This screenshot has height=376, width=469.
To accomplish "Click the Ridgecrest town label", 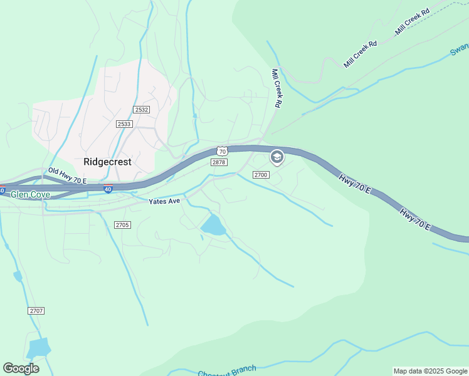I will pos(108,162).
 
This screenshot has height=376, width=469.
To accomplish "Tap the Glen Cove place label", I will pos(30,195).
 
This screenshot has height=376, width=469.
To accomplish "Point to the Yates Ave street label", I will pos(164,201).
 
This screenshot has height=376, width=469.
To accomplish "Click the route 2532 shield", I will pos(141,110).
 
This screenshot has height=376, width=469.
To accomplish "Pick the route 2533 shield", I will pos(124,124).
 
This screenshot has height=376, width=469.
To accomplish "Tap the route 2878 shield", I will pos(218,162).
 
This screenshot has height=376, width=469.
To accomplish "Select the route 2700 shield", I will pos(261,175).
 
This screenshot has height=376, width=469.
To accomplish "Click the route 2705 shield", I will pos(122,224).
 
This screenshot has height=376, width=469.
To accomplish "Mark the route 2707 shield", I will pos(36,311).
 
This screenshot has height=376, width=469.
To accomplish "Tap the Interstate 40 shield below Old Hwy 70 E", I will pos(108,189).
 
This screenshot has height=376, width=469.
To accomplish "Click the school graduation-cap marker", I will pos(277,157).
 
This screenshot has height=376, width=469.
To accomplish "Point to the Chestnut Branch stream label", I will pos(226,372).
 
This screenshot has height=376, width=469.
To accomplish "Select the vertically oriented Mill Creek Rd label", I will pos(275,88).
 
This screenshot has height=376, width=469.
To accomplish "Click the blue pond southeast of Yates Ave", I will pos(213,224).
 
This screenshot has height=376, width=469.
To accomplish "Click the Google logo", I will pos(21,368).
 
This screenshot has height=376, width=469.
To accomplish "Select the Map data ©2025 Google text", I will pos(430,371).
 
